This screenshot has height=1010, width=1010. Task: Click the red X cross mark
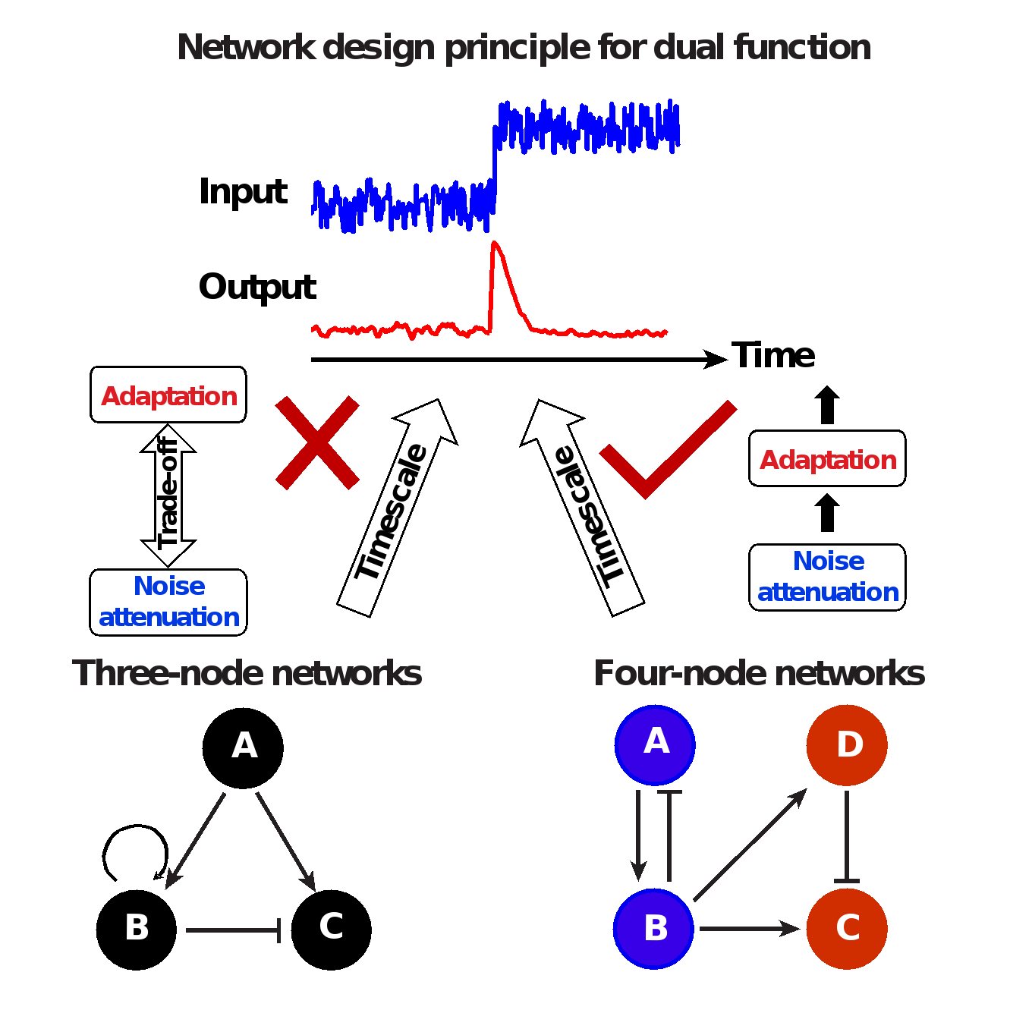(x=317, y=442)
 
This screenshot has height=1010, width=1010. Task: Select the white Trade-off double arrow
(x=166, y=496)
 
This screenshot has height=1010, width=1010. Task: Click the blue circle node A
(x=655, y=744)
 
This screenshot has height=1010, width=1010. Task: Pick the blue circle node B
(x=654, y=928)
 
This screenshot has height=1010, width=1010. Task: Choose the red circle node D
(x=847, y=744)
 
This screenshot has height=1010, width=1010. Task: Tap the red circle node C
(x=847, y=928)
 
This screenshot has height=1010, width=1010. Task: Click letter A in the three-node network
(x=244, y=746)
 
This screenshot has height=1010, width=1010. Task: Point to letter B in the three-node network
(x=137, y=927)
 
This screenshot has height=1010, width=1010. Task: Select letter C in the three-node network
(x=332, y=926)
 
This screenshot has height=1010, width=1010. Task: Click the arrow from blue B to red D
(x=750, y=845)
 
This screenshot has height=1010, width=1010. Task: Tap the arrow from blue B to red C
(x=748, y=928)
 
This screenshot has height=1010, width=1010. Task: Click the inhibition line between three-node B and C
(x=233, y=930)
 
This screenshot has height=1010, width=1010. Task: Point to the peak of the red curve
(x=495, y=244)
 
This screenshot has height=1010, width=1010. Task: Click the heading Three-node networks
(x=247, y=673)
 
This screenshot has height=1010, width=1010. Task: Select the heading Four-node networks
(x=759, y=673)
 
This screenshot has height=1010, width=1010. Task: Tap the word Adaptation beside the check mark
(x=829, y=460)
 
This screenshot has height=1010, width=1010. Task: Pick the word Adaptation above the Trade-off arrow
(x=169, y=396)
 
